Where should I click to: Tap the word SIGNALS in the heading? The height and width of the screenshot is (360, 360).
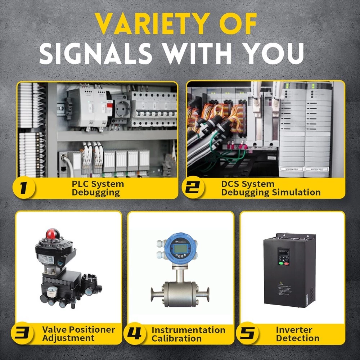96,54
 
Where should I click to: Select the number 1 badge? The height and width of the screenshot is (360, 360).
24,188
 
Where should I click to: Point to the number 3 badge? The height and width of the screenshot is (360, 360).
22,333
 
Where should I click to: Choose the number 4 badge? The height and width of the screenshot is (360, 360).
135,334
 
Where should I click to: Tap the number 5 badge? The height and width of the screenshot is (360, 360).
247,333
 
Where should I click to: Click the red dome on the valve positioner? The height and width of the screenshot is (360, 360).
53,234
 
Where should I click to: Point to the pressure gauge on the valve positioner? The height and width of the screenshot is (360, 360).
52,292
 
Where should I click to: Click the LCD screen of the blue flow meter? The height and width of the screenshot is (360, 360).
180,248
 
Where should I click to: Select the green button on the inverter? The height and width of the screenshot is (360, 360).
281,263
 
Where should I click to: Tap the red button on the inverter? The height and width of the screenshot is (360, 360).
286,264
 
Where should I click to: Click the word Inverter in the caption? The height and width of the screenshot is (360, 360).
294,330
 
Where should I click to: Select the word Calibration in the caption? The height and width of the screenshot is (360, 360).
176,338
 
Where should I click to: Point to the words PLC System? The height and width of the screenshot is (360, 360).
98,184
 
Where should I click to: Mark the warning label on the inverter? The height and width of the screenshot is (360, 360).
283,288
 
